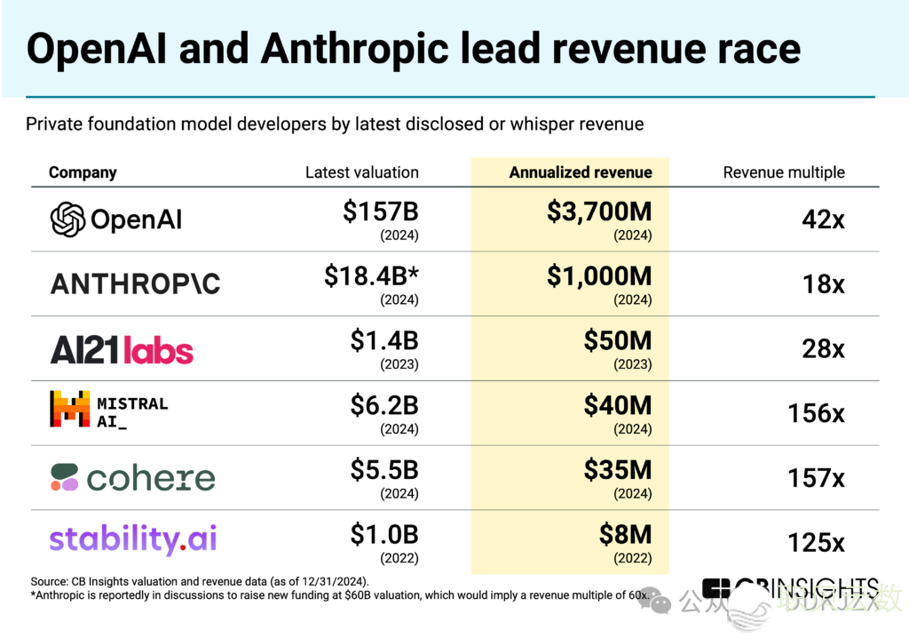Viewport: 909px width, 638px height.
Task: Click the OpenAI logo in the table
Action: coord(116,219)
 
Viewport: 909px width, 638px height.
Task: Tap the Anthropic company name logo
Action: coord(135,283)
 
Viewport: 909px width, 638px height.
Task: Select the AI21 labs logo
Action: coord(122,349)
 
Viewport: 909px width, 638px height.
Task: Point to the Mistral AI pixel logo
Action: coord(70,409)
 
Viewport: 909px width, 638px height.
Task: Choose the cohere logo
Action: coord(132,477)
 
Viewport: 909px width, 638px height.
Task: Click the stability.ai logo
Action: coord(133,539)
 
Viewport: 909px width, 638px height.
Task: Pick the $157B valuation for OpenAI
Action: coord(381,212)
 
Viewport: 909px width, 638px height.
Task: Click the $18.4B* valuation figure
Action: coord(371,276)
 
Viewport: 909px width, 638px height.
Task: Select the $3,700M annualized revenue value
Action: coord(599,212)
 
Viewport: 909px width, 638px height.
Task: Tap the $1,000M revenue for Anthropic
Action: coord(599,276)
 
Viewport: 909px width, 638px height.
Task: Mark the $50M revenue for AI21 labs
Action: coord(618,340)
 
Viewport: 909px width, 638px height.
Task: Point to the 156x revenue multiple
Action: coord(816,413)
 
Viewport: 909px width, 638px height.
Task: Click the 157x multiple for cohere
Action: coord(816,478)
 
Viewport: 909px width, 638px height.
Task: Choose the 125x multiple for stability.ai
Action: coord(816,542)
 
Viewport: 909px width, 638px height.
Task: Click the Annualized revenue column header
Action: coord(581,172)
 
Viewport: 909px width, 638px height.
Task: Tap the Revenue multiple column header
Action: coord(784,172)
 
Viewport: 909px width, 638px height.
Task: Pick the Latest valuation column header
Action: coord(362,172)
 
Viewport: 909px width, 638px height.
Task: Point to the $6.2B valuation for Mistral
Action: coord(384,406)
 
